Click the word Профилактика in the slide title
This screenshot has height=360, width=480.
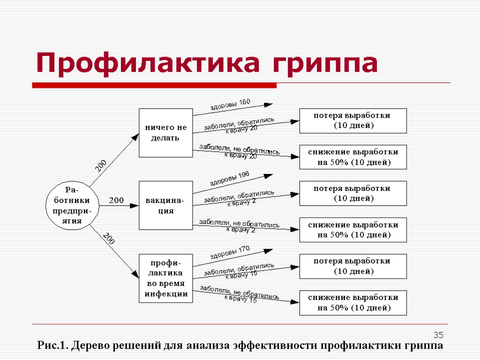[147, 63]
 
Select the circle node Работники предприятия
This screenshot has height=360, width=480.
[73, 205]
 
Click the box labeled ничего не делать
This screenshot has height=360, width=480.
[165, 133]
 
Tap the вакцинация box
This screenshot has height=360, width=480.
[165, 205]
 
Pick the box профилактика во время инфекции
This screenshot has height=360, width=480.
[165, 278]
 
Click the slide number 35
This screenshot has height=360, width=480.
[438, 335]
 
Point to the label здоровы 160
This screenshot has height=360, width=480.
[230, 105]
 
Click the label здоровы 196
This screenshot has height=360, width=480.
[229, 179]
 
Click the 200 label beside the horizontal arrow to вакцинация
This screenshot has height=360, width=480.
[116, 200]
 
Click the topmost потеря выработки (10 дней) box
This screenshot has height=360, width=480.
[353, 120]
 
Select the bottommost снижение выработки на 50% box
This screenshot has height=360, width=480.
[353, 303]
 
